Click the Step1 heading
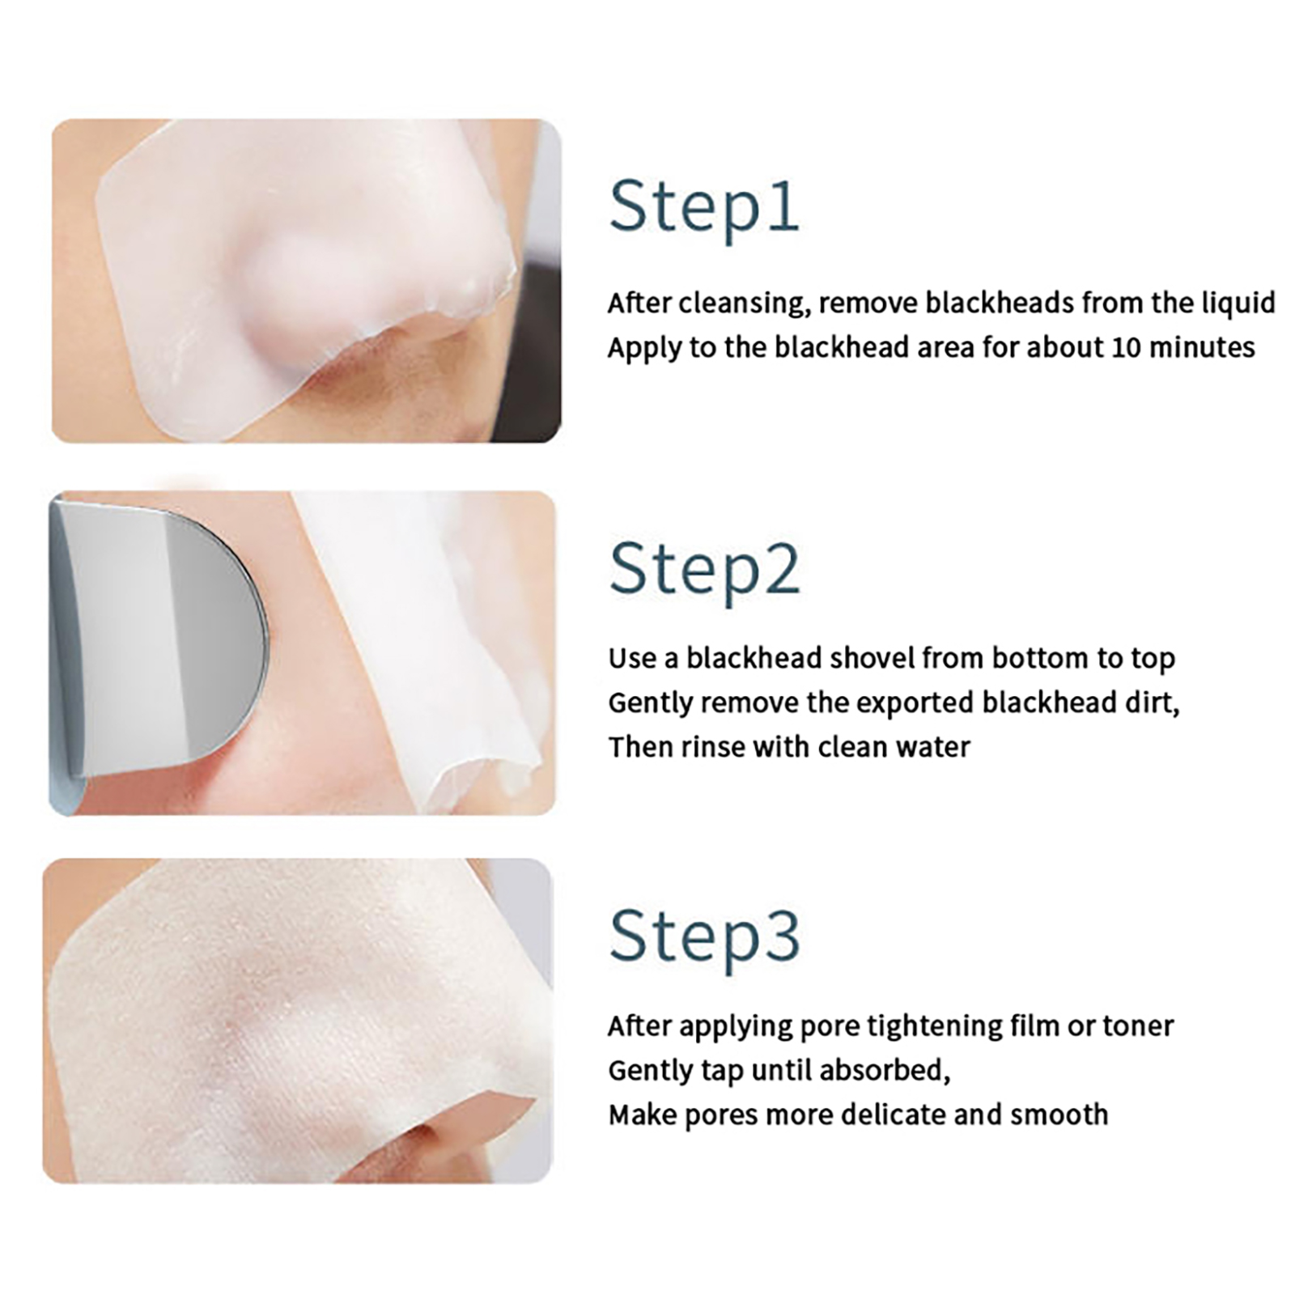coord(704,209)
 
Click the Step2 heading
coord(704,571)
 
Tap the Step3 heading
coord(704,937)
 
